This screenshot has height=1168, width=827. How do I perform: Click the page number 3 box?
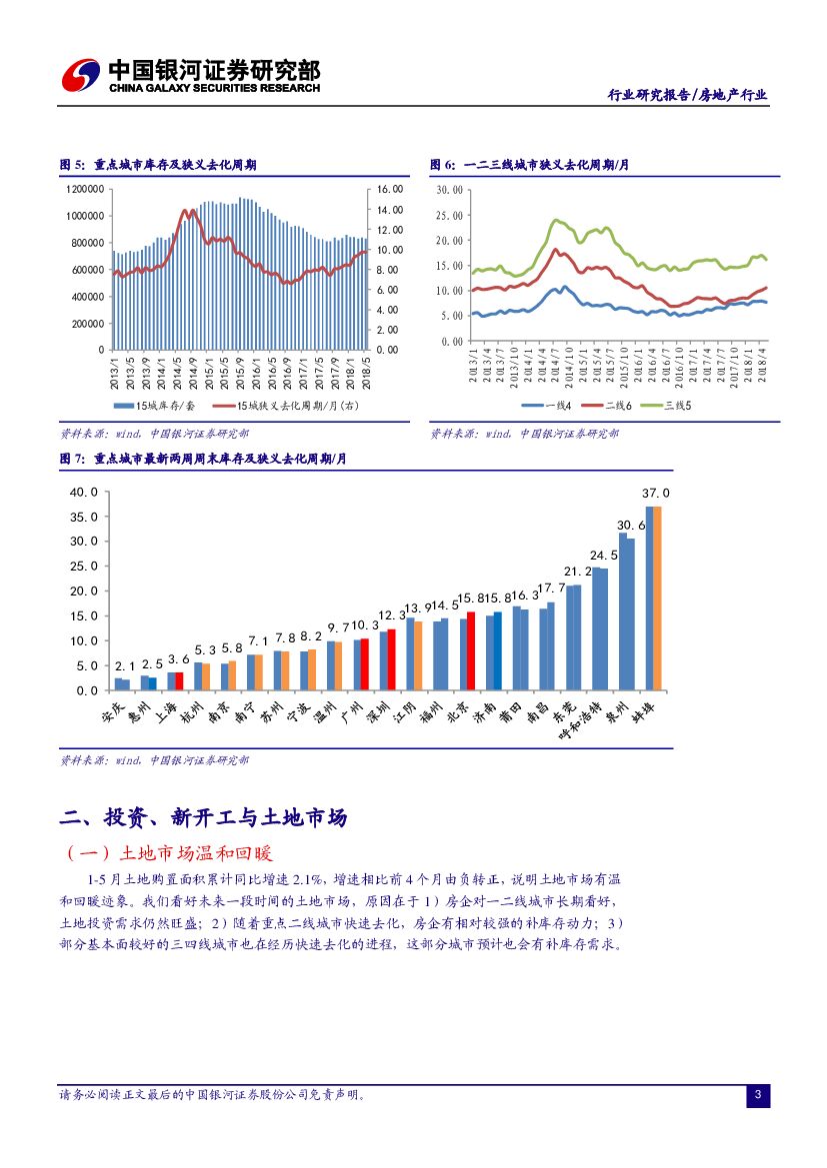coord(758,1096)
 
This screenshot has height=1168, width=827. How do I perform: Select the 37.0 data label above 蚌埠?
coord(655,494)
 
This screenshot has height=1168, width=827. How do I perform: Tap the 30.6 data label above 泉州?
coord(631,525)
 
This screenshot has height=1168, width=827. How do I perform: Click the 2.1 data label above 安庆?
coord(125,665)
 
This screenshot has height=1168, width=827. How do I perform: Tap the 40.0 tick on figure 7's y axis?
coord(84,493)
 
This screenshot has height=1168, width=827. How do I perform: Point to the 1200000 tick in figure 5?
coord(86,189)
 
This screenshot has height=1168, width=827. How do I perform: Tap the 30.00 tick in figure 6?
coord(450,189)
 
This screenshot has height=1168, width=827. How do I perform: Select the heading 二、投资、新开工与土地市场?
coord(203,818)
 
